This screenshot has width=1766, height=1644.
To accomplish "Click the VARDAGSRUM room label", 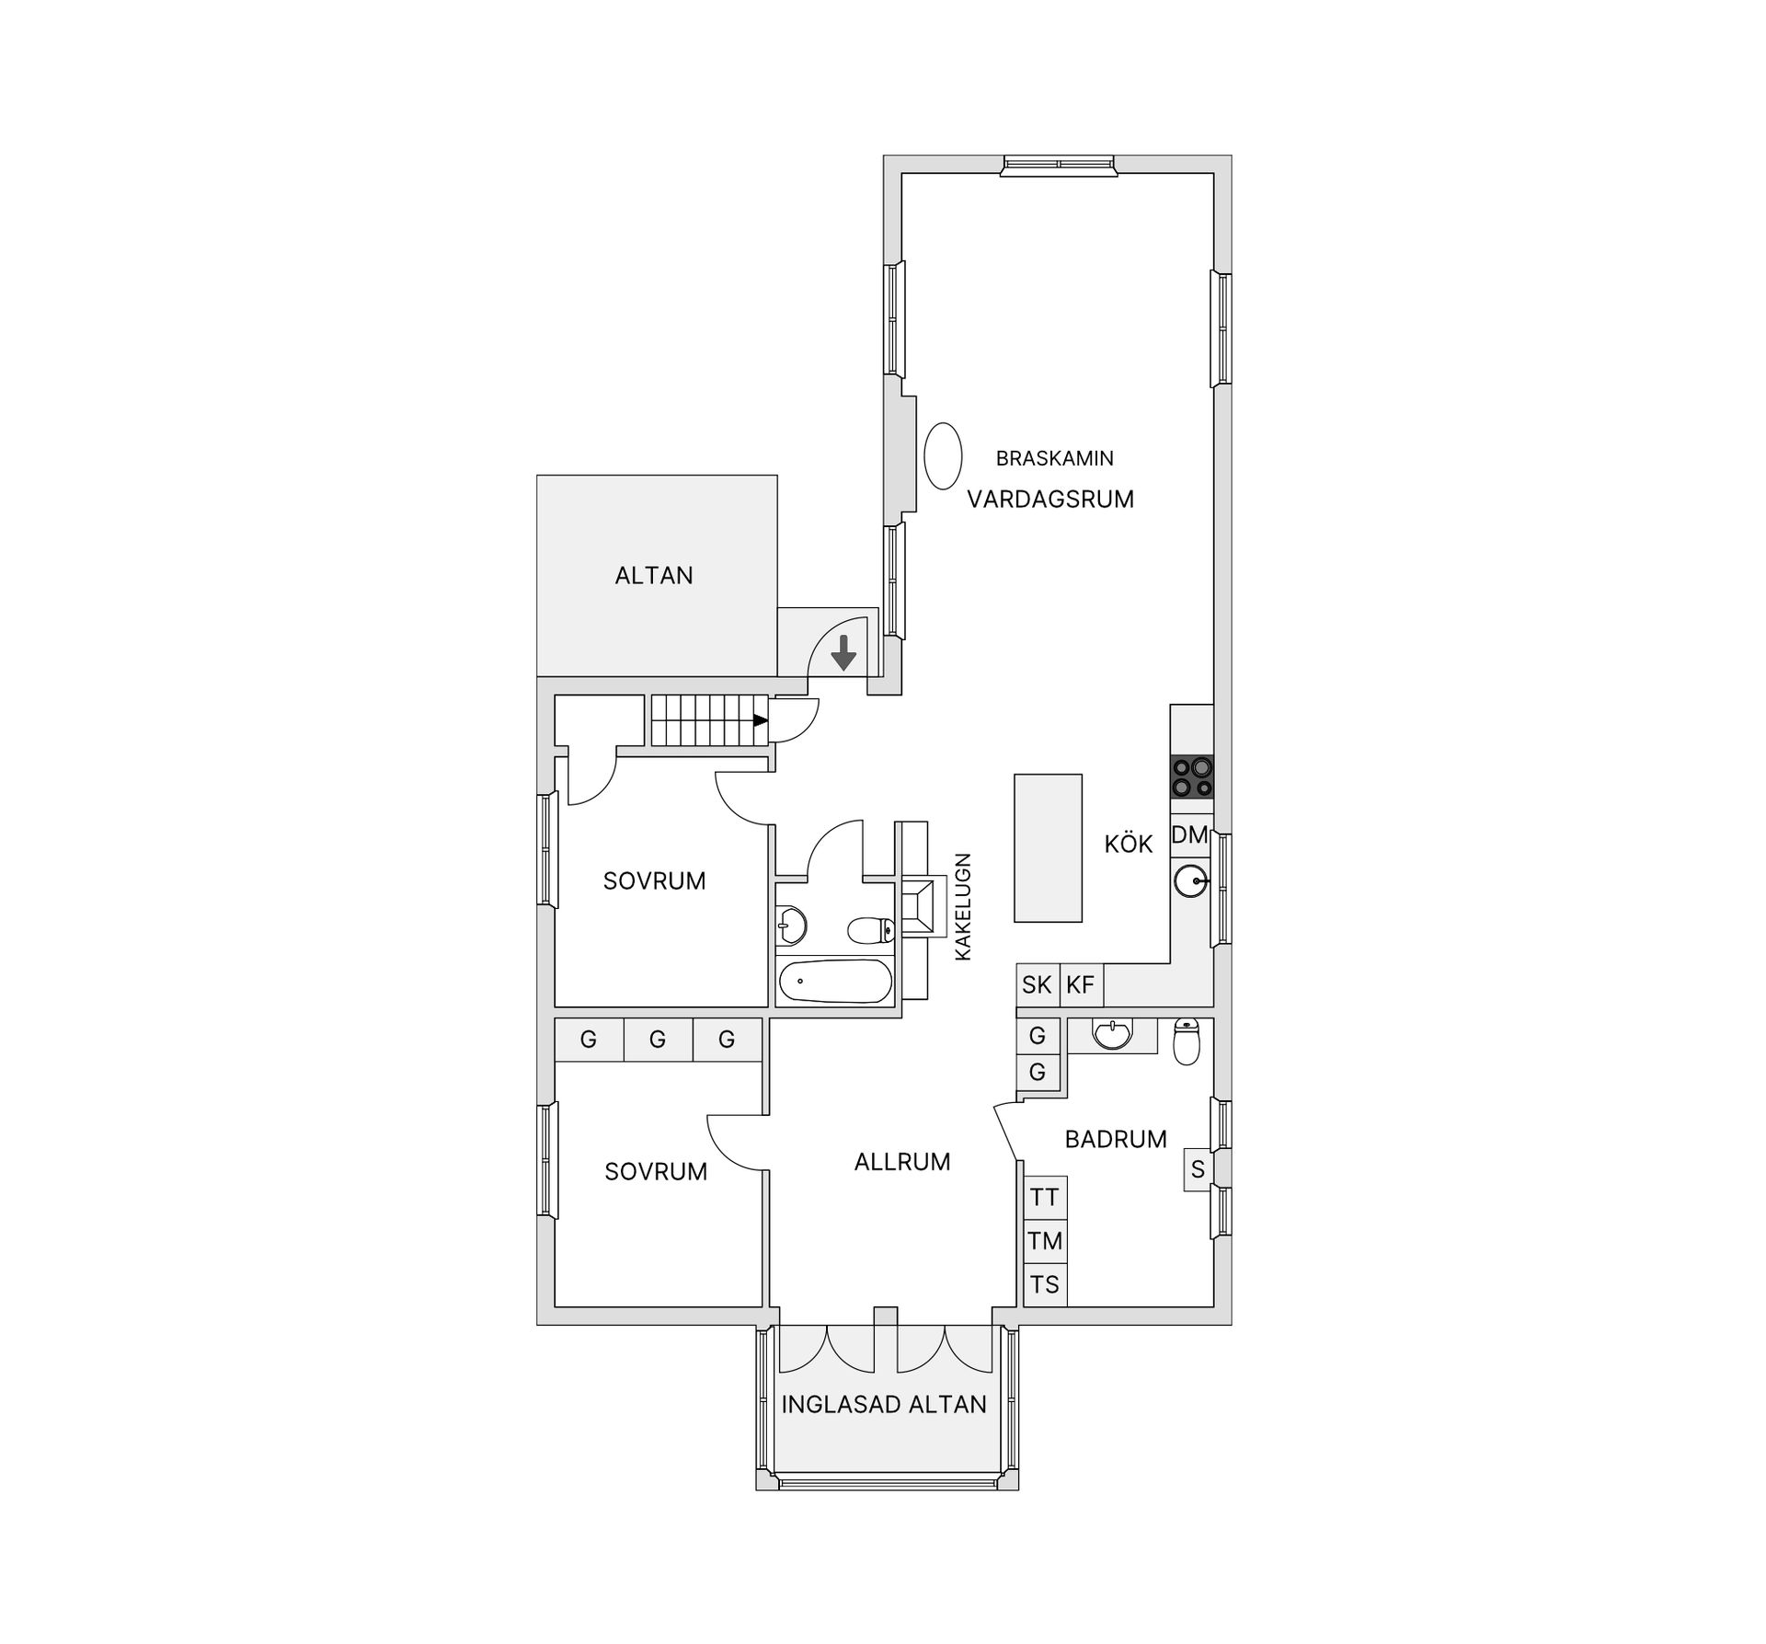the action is click(x=1050, y=500).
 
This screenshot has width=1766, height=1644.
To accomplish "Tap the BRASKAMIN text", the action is click(x=1055, y=458).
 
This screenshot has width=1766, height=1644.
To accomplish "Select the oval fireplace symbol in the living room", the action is click(x=943, y=455).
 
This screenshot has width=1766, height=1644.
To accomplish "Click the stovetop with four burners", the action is click(x=1192, y=776).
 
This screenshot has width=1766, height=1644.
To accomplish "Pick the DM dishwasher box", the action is click(x=1190, y=835).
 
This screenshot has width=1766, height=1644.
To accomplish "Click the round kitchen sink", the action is click(x=1191, y=881).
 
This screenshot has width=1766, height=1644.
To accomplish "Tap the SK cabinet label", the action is click(x=1037, y=985).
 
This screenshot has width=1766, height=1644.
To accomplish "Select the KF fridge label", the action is click(x=1081, y=985).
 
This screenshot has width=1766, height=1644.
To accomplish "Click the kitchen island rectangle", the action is click(x=1049, y=847).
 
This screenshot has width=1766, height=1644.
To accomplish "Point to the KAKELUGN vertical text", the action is click(x=963, y=907).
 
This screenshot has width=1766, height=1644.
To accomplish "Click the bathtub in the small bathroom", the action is click(x=835, y=982).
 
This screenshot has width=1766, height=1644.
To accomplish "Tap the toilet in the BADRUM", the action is click(x=1187, y=1041).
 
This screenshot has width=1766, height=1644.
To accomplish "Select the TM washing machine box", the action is click(x=1046, y=1241).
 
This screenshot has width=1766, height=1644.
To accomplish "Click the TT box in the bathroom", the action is click(x=1046, y=1198).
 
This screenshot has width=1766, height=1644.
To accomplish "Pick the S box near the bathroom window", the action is click(x=1198, y=1169).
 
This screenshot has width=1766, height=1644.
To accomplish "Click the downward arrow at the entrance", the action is click(x=843, y=652).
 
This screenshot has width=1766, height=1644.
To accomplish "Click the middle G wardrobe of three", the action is click(x=658, y=1040).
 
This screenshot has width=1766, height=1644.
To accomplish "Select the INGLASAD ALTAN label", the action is click(x=884, y=1404).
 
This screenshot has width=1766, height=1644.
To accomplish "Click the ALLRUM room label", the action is click(x=902, y=1162).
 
